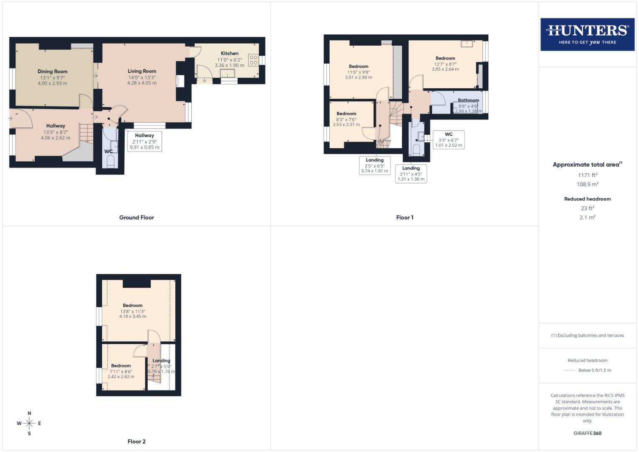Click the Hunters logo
coord(587,34)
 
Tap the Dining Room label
coord(52,72)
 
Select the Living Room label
coord(142,71)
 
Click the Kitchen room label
coord(230,54)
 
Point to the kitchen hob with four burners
coord(253,60)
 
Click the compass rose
coord(29,424)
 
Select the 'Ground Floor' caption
coord(136,218)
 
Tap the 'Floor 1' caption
coord(405,218)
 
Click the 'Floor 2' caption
coord(136,442)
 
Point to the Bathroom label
coord(468,100)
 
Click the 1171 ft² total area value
coord(588,175)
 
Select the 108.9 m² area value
coord(588,185)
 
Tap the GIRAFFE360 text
coord(588,434)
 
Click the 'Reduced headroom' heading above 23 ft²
coord(588,199)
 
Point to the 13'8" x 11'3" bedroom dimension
coord(133,311)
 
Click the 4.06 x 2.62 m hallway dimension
coord(56,138)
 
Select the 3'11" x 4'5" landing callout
coord(411,174)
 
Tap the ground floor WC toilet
coord(110,162)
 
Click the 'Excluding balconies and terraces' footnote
coord(588,335)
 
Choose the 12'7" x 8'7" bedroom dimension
coord(445,64)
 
